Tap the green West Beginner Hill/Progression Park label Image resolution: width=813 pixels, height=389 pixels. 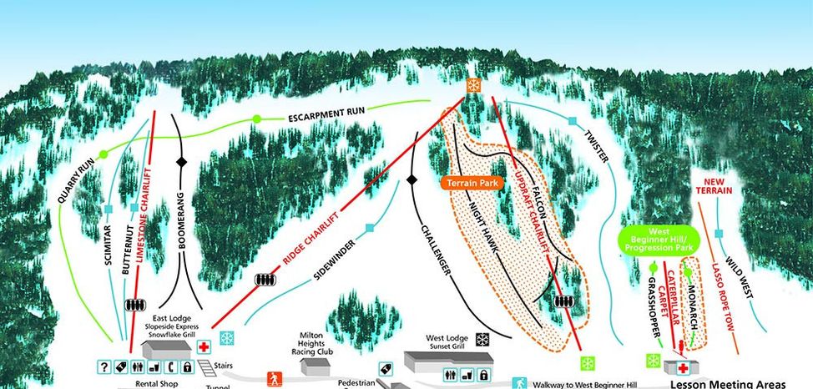671,240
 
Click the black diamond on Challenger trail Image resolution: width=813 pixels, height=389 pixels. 411,179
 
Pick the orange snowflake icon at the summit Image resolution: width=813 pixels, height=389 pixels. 473,85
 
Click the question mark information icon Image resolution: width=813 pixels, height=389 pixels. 105,367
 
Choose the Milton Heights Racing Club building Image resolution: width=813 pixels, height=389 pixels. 315,364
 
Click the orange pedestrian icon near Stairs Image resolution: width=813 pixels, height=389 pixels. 272,380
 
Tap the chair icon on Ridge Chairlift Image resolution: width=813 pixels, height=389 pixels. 265,280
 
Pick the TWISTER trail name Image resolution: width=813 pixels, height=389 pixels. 596,148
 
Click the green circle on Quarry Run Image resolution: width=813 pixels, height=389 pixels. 104,154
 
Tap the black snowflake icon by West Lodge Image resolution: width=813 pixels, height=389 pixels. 482,339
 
